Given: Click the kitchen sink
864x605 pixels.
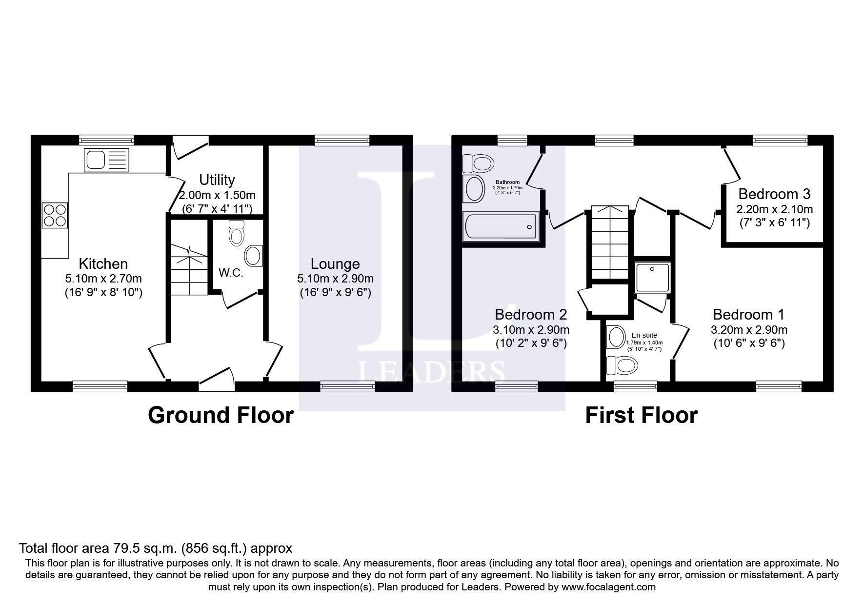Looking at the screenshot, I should (106, 160).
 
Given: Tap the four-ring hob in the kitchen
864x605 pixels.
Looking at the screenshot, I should (55, 215).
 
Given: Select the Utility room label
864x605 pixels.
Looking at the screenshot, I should (217, 180).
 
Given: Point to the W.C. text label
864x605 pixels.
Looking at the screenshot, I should (231, 273).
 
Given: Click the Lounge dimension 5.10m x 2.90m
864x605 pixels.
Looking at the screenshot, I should (335, 279).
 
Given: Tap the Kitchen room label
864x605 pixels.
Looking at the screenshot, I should (103, 264).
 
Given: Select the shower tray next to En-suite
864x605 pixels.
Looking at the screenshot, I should (652, 278).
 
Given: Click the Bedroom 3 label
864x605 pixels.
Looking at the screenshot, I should (774, 194).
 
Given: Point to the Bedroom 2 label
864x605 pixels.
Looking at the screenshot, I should (531, 314).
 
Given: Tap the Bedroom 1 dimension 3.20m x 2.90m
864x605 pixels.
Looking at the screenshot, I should (749, 330).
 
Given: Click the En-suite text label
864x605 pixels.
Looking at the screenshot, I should (644, 335).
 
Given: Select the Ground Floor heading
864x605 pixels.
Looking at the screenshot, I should (221, 415).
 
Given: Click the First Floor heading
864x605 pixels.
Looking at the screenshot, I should (641, 415).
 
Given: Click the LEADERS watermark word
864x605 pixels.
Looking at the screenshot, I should (432, 371).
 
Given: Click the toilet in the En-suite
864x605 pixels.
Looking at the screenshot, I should (622, 364).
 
